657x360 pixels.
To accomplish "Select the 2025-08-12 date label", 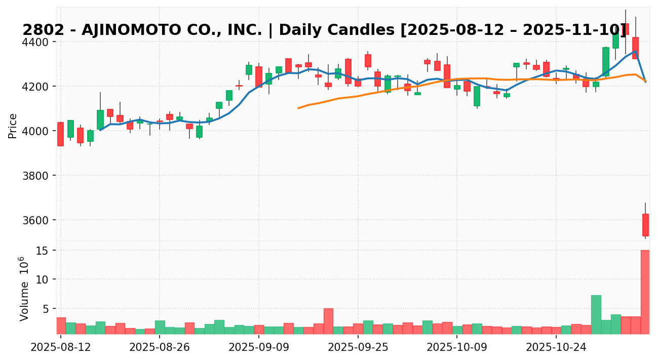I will [61, 348].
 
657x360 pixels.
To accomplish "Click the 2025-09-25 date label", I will [358, 348].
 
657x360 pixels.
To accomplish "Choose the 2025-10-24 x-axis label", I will [556, 348].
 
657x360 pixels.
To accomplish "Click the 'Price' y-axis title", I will [13, 126].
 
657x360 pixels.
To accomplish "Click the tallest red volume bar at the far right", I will [645, 292].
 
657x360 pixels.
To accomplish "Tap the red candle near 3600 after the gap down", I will [645, 225].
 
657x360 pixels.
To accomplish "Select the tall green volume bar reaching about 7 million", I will [596, 314].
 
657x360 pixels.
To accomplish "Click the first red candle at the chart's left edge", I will [60, 134].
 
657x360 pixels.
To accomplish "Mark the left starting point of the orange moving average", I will [298, 108].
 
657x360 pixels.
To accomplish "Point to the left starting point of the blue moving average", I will [100, 130].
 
